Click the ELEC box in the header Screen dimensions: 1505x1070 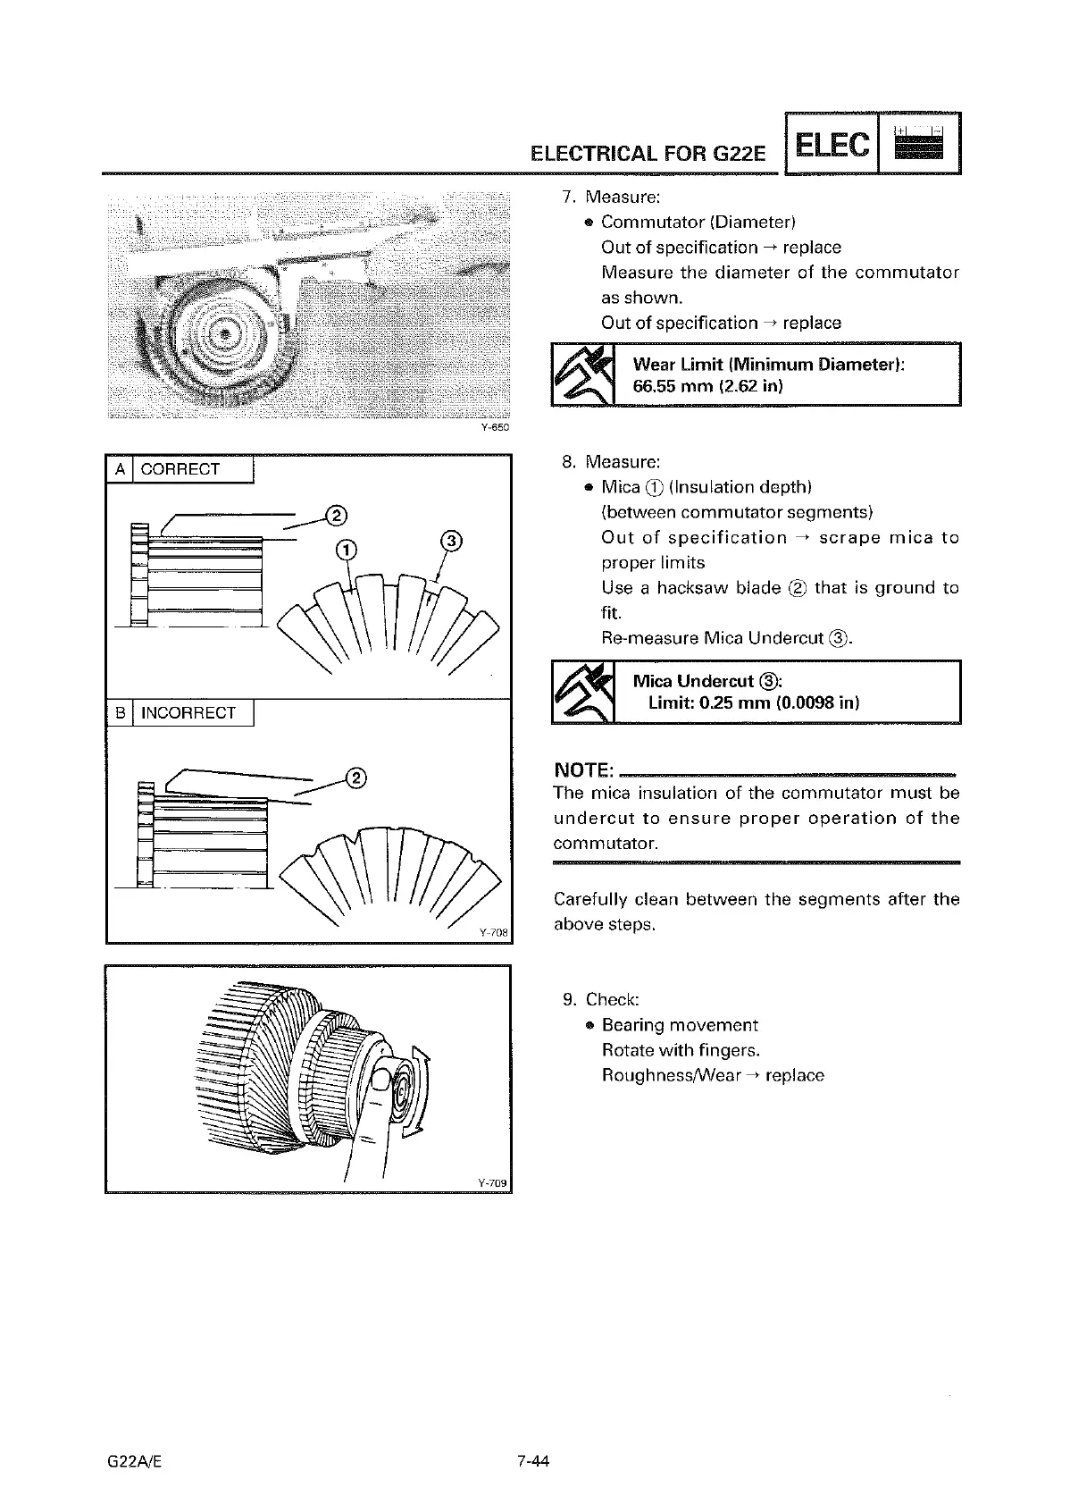pyautogui.click(x=831, y=144)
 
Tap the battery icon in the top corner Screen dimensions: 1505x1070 pyautogui.click(x=919, y=144)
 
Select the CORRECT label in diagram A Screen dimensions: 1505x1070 pyautogui.click(x=180, y=469)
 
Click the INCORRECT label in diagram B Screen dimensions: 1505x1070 pyautogui.click(x=188, y=712)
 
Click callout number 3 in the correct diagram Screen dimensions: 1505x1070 pyautogui.click(x=452, y=541)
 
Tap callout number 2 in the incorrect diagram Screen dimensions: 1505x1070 pyautogui.click(x=355, y=777)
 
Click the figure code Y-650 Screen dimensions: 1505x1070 pyautogui.click(x=495, y=428)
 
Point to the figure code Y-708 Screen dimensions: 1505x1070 pyautogui.click(x=493, y=933)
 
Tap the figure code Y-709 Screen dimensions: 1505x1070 pyautogui.click(x=492, y=1183)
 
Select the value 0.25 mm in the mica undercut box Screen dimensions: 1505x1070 pyautogui.click(x=688, y=703)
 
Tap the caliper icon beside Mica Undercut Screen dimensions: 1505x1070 pyautogui.click(x=583, y=692)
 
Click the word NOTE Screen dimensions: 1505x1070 pyautogui.click(x=583, y=770)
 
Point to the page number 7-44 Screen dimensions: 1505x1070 pyautogui.click(x=531, y=1462)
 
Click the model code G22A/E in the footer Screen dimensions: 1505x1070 pyautogui.click(x=132, y=1462)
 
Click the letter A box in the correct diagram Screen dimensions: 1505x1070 pyautogui.click(x=119, y=469)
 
